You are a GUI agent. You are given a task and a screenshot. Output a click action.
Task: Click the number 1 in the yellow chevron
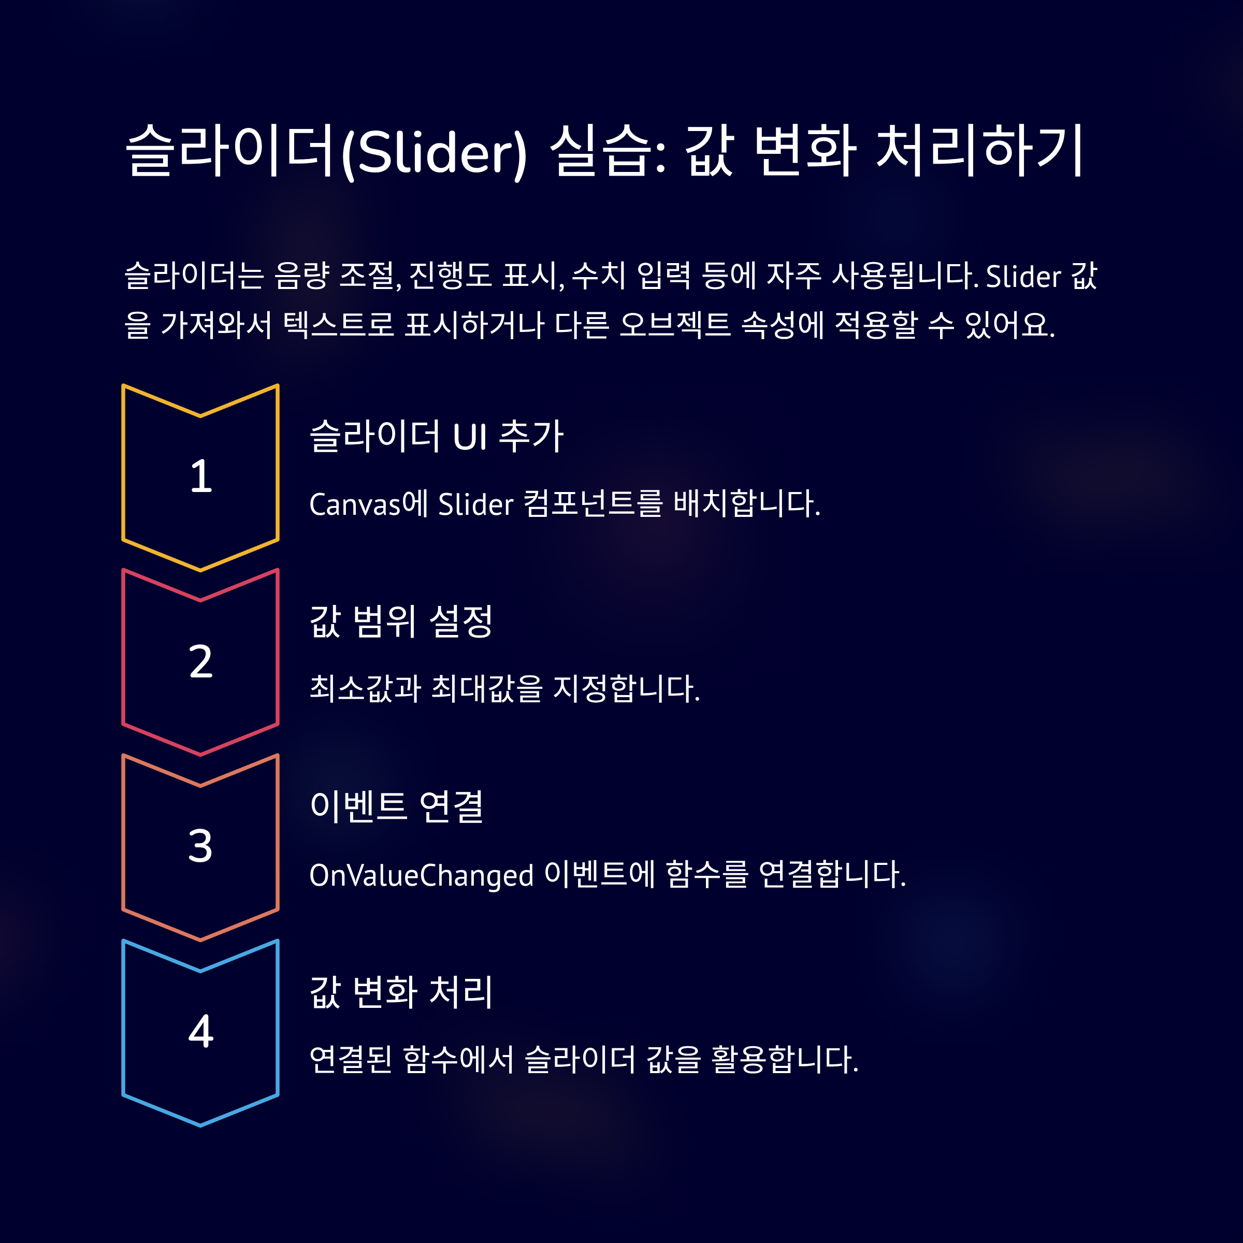(201, 476)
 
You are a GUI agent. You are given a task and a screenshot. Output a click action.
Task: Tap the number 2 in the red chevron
(201, 661)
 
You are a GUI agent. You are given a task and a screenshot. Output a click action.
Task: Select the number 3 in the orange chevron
(201, 846)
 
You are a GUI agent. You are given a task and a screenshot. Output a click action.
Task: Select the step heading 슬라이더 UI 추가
(436, 436)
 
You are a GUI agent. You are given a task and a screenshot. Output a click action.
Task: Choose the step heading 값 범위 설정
(401, 621)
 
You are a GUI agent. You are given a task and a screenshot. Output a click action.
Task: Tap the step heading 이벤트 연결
(396, 806)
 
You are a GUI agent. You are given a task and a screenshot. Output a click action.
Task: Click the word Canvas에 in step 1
(369, 504)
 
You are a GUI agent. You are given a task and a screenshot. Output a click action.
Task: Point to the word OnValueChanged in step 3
(422, 875)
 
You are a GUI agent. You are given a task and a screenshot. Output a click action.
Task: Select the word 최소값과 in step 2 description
(365, 688)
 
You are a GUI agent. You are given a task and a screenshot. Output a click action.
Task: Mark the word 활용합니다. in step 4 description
(785, 1060)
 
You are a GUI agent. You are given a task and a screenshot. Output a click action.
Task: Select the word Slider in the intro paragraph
(1023, 277)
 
